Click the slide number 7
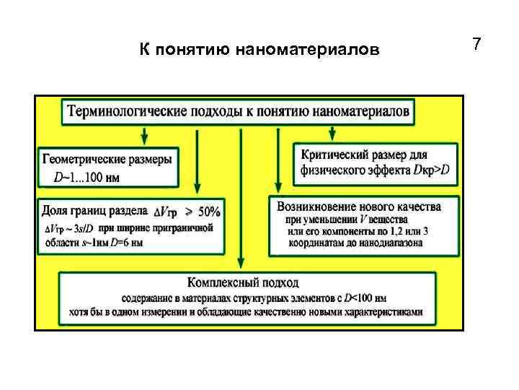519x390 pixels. [476, 45]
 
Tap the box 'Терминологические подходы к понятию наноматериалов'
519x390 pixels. [239, 111]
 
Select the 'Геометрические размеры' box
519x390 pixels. [109, 167]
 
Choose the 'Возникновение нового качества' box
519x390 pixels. [364, 224]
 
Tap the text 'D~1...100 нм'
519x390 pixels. [84, 176]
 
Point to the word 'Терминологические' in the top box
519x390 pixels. [125, 111]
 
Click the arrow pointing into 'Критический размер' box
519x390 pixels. [332, 132]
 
